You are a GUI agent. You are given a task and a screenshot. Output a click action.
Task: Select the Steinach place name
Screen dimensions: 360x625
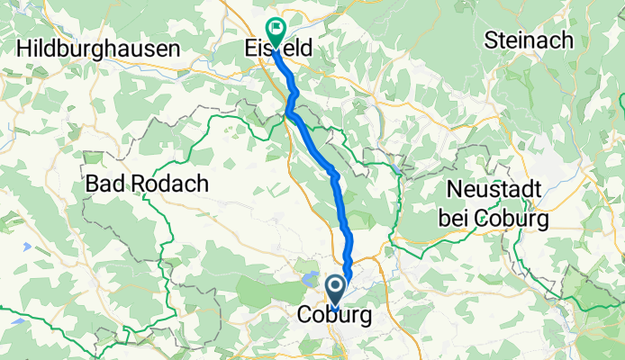point(530,40)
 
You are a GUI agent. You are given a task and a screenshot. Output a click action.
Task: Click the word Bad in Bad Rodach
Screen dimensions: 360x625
point(104,184)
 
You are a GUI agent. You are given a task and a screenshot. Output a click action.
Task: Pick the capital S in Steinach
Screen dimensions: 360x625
point(492,40)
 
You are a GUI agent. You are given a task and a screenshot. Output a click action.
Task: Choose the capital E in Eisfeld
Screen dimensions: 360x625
point(253,49)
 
